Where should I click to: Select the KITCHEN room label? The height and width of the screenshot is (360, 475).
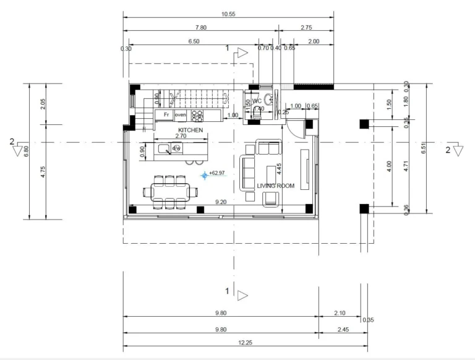coord(190,129)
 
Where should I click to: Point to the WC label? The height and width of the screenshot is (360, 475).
coord(257,101)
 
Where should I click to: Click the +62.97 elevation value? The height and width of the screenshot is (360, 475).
coord(217,173)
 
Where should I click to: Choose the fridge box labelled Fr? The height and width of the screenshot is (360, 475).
coord(166,115)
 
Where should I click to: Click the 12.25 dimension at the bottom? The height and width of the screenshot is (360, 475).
coord(246,342)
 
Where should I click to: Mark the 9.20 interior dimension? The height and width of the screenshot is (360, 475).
coord(220,202)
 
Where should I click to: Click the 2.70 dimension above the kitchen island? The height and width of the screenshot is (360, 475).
coord(181,135)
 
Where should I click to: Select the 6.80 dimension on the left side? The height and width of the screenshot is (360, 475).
coord(26,151)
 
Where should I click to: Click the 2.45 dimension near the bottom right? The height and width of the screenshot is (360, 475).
coord(343,330)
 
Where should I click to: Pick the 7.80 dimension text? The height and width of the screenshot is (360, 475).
coord(200,28)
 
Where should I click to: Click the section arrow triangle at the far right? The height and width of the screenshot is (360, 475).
coord(458,150)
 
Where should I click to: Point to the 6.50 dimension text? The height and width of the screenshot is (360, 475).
coord(194,41)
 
